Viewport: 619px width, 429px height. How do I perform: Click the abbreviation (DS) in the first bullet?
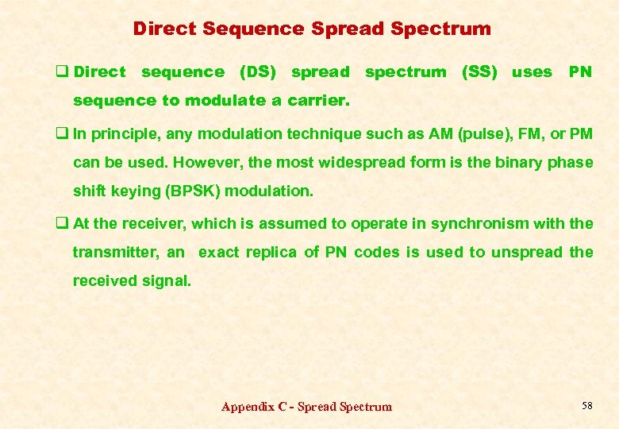tap(258, 72)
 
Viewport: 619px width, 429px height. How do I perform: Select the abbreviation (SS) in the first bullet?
tap(479, 72)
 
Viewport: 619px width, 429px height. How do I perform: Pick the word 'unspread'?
tap(527, 253)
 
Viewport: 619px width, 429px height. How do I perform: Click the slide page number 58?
tap(587, 406)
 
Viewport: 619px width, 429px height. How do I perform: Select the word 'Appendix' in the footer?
tap(248, 407)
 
